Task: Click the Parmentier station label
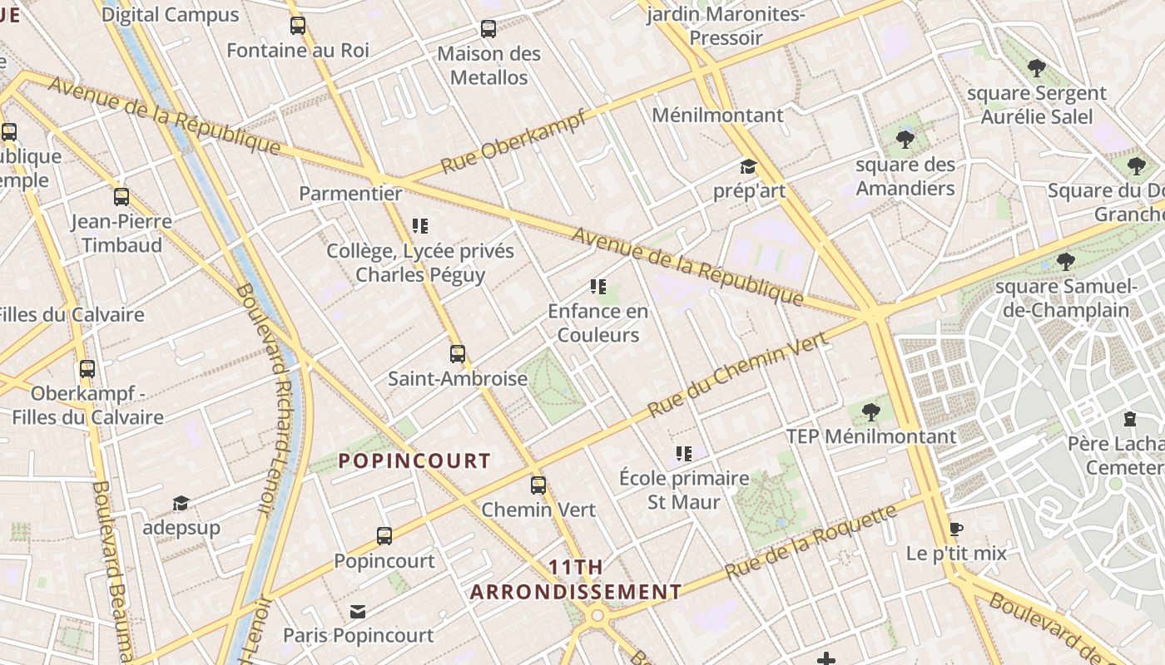tap(350, 194)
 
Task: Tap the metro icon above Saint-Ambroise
tap(458, 354)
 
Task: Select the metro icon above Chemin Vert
tap(538, 485)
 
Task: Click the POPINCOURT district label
tap(414, 461)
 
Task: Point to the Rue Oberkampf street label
tap(513, 142)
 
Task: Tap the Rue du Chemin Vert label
tap(737, 375)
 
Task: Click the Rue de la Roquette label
tap(811, 543)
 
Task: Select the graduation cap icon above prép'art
tap(749, 167)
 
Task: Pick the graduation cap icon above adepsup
tap(181, 504)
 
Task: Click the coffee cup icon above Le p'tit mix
tap(956, 530)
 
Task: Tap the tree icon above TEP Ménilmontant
tap(871, 411)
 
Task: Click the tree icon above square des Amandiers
tap(905, 140)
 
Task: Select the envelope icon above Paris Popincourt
tap(358, 612)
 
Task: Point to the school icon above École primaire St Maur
tap(684, 454)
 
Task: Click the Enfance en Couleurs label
tap(597, 323)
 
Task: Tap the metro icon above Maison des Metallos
tap(488, 29)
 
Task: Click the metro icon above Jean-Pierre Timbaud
tap(121, 197)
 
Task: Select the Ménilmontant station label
tap(717, 116)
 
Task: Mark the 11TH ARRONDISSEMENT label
tap(576, 579)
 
